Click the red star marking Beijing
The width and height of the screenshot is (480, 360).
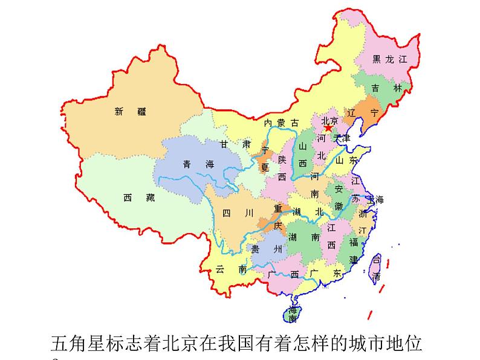pos(328,128)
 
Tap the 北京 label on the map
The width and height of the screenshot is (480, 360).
pos(329,120)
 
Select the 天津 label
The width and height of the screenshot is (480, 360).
pos(342,138)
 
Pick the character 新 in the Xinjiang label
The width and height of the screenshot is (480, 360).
pos(118,111)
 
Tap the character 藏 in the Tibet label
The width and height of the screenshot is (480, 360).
pos(151,198)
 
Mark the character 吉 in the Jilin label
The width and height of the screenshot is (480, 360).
pos(375,88)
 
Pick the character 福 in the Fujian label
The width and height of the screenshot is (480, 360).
pos(354,242)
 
